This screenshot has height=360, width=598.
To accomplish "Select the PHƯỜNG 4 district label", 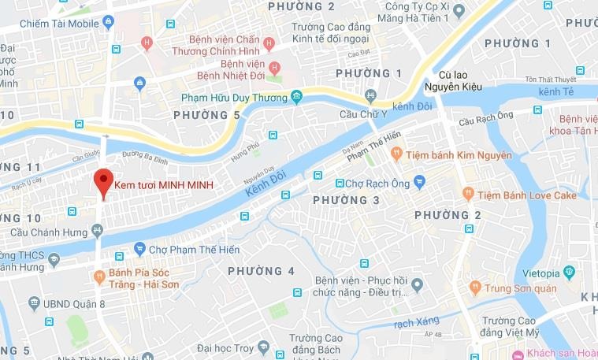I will pyautogui.click(x=261, y=271).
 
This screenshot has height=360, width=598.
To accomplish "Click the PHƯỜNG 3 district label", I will pyautogui.click(x=346, y=201).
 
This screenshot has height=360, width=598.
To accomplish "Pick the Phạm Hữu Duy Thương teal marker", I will pyautogui.click(x=296, y=97).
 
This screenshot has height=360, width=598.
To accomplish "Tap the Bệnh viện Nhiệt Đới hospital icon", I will pyautogui.click(x=274, y=66).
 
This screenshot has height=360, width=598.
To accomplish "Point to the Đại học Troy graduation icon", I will pyautogui.click(x=263, y=347).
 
